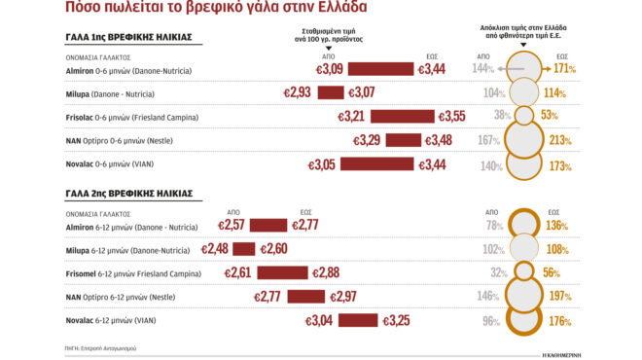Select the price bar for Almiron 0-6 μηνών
[381, 70]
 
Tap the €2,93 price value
[297, 92]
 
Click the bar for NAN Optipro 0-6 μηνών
[403, 140]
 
